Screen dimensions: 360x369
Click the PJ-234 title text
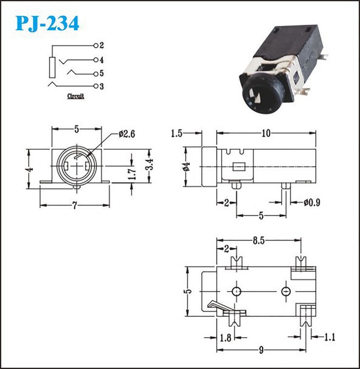click(x=47, y=24)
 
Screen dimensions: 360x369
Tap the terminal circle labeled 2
click(x=96, y=46)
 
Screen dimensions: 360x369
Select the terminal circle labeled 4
click(x=96, y=60)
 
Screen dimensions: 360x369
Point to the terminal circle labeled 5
click(x=96, y=74)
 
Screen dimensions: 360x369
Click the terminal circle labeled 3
click(x=96, y=86)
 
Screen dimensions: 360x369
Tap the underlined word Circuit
click(x=76, y=96)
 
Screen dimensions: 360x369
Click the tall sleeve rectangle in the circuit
click(x=52, y=67)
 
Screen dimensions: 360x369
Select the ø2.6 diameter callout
click(x=127, y=134)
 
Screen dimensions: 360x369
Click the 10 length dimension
click(x=266, y=133)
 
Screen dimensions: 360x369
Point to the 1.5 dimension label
click(x=176, y=133)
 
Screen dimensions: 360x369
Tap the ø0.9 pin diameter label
click(x=312, y=203)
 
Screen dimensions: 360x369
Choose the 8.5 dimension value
click(x=259, y=241)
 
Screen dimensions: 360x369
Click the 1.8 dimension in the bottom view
click(x=226, y=338)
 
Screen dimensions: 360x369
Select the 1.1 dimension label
click(x=330, y=337)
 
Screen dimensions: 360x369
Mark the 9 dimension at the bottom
click(x=261, y=351)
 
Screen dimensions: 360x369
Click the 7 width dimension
click(x=75, y=206)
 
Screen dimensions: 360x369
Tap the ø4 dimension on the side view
click(x=186, y=166)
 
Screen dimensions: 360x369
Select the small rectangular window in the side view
click(x=239, y=166)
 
